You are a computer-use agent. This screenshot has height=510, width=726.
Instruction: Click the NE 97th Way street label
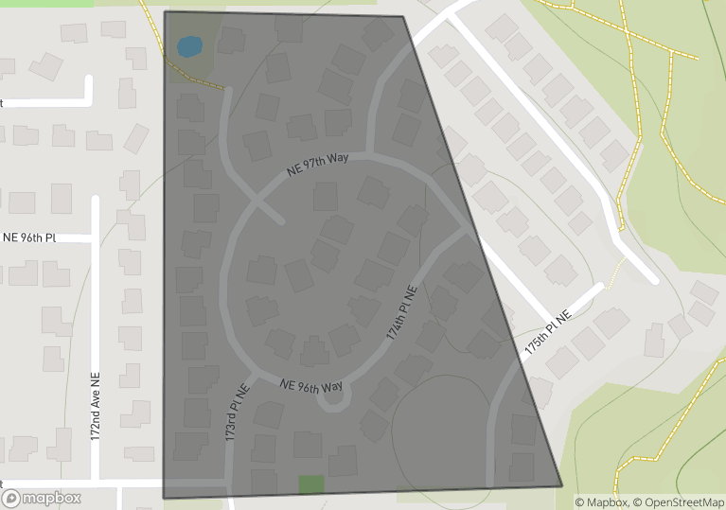pos(318,166)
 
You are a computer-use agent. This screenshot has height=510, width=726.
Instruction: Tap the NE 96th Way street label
pos(311,387)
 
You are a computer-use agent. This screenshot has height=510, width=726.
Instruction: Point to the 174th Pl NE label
pos(401,313)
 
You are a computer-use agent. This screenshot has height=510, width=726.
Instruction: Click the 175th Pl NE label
pos(549,336)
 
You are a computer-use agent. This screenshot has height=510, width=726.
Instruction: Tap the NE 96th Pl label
pos(30,237)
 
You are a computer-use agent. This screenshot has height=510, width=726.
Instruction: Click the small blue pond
pos(189,45)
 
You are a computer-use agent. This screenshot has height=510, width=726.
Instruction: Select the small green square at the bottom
pos(311,484)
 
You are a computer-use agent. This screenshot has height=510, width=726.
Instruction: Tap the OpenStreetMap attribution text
pos(679,502)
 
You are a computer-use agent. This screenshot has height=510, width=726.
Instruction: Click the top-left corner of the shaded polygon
pos(166,12)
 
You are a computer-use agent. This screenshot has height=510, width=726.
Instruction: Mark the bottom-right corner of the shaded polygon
pos(561,486)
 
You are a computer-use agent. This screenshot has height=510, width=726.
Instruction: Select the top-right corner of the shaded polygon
pos(403,16)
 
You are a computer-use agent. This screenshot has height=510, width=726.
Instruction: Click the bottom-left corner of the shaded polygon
pos(165,498)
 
